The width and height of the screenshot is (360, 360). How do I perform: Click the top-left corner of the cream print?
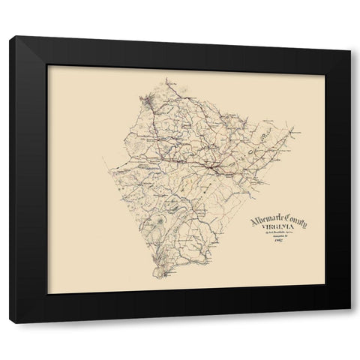[x=47, y=66]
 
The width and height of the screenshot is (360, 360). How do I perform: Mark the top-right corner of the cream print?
[x=314, y=66]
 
